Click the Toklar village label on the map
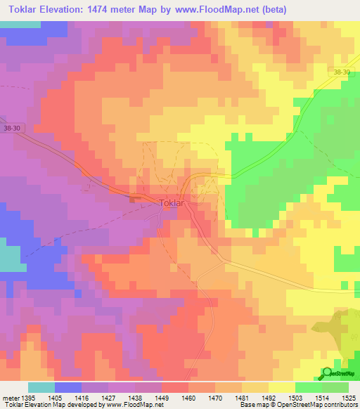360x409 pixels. click(x=172, y=203)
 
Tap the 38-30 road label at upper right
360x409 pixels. click(x=342, y=72)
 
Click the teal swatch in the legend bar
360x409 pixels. click(x=41, y=387)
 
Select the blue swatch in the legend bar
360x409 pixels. click(x=67, y=387)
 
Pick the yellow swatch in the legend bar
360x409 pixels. click(x=281, y=387)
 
